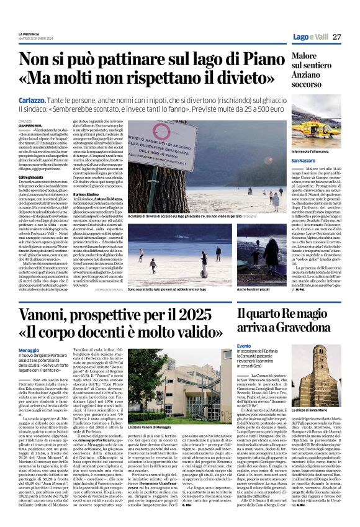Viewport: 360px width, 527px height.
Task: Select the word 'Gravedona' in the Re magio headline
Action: point(304,326)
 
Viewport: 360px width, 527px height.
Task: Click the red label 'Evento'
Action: point(245,346)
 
